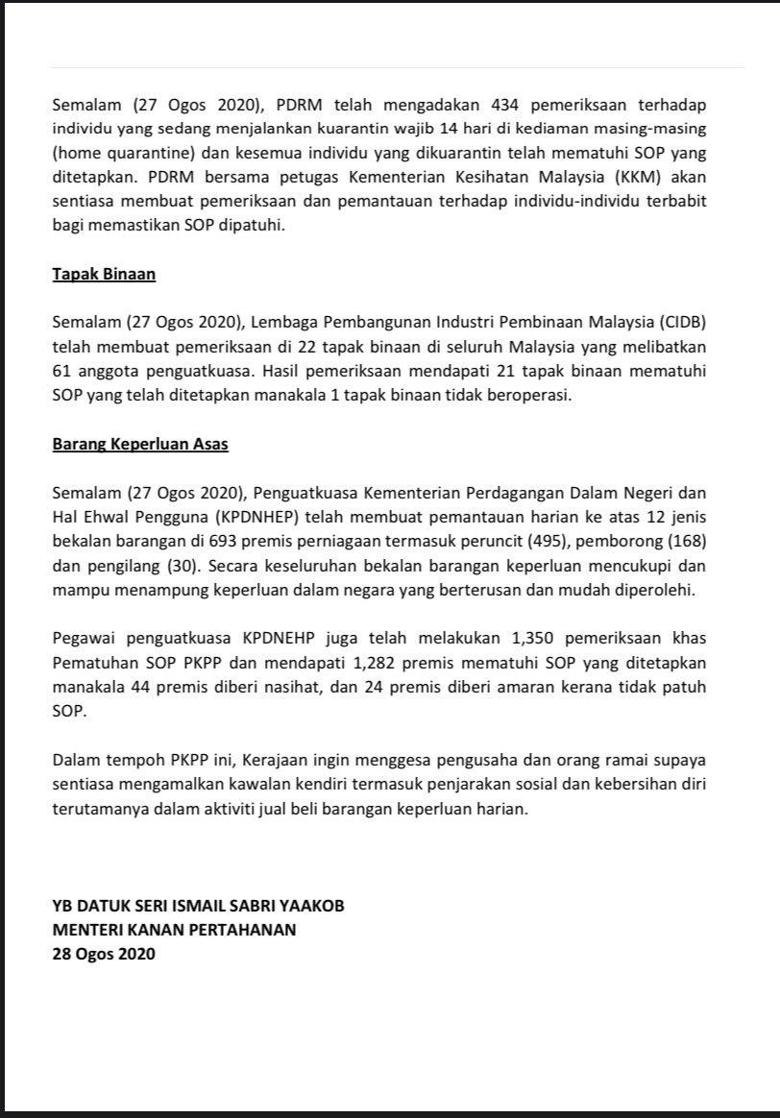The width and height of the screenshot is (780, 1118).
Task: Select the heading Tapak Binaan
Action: coord(104,274)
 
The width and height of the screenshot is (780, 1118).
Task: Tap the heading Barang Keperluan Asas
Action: coord(140,445)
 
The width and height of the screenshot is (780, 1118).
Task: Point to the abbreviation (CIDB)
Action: coord(689,321)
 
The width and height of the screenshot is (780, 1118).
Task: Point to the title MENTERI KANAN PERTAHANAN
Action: coord(174,930)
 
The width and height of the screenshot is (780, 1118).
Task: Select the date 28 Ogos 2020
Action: coord(103,954)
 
